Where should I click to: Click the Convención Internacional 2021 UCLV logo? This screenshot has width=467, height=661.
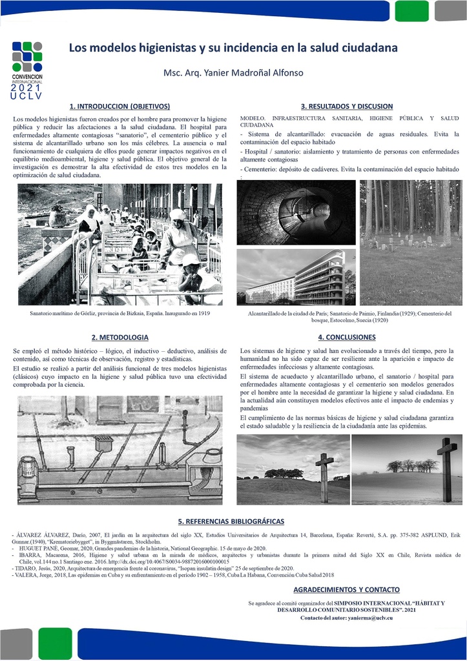pyautogui.click(x=26, y=70)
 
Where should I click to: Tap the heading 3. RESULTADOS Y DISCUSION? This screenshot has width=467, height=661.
pyautogui.click(x=346, y=106)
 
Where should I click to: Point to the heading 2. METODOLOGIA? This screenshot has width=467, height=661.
pyautogui.click(x=119, y=337)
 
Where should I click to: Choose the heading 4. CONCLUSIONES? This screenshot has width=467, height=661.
pyautogui.click(x=346, y=337)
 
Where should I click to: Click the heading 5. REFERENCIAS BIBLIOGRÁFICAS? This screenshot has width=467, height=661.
pyautogui.click(x=231, y=521)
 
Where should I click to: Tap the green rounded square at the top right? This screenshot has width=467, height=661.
pyautogui.click(x=411, y=11)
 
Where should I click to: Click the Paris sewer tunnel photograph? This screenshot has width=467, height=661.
pyautogui.click(x=296, y=212)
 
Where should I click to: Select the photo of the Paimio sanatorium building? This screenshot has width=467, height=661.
pyautogui.click(x=296, y=277)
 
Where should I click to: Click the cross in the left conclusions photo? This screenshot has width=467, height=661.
pyautogui.click(x=324, y=476)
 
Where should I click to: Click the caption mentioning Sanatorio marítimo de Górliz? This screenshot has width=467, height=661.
pyautogui.click(x=120, y=313)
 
